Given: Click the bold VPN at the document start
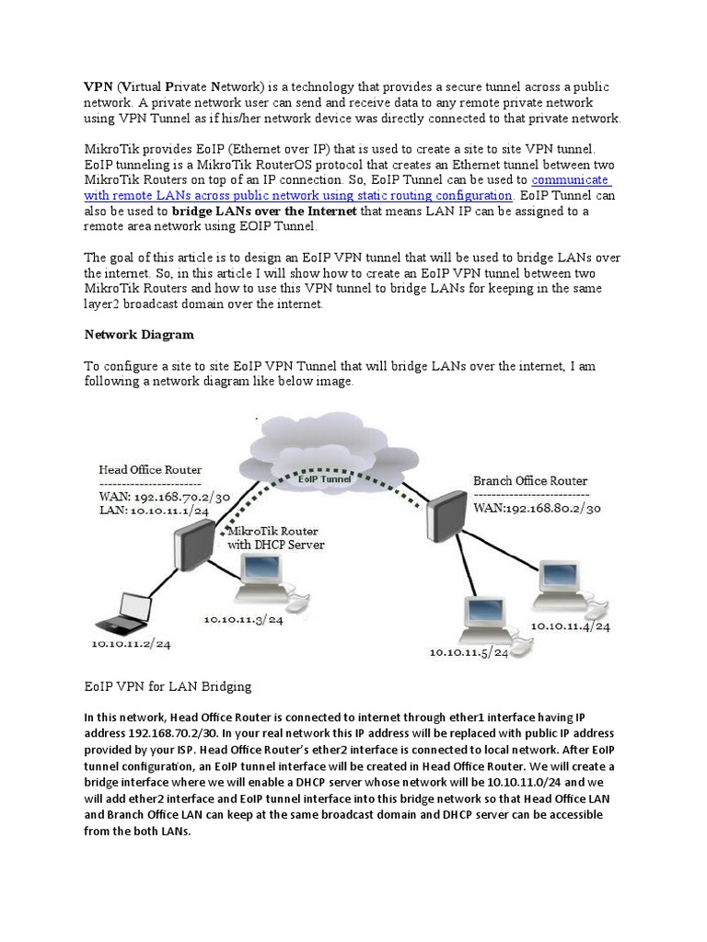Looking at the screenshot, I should point(99,86).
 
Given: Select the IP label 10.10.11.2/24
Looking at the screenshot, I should point(131,644).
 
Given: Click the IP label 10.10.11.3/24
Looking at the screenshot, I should point(244,620).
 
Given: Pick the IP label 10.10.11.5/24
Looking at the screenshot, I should point(469,653).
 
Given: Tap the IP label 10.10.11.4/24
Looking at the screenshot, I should point(570,626).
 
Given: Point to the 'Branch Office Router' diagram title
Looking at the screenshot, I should point(529,480).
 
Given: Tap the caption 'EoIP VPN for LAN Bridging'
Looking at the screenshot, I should point(168,686).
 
